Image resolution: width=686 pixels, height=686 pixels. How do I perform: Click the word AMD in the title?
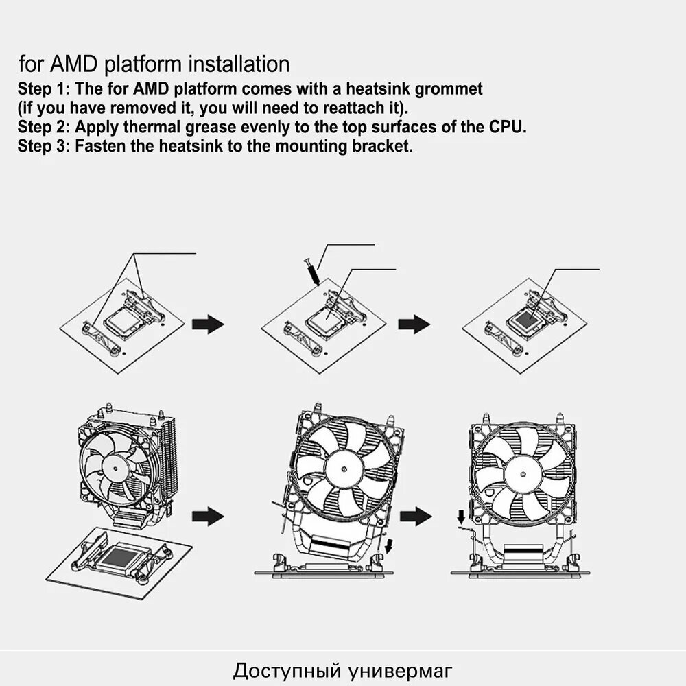[x=73, y=64]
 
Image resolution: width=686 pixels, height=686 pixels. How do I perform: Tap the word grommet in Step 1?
[x=449, y=89]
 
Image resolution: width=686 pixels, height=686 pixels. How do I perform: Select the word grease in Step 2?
[x=210, y=128]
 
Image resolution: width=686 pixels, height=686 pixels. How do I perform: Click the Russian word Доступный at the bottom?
[x=287, y=671]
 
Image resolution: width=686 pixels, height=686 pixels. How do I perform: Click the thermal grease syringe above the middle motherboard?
[x=311, y=272]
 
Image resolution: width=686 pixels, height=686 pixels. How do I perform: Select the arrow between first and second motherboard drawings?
[x=208, y=324]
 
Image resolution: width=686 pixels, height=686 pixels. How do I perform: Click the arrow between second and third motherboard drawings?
[x=414, y=324]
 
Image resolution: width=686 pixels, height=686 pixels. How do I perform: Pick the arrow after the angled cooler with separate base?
[x=208, y=517]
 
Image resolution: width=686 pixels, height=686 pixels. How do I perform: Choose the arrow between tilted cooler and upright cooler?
[x=416, y=517]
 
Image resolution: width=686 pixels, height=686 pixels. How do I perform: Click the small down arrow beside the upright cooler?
[x=461, y=517]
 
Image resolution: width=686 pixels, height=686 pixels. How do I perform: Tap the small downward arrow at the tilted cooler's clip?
[x=389, y=546]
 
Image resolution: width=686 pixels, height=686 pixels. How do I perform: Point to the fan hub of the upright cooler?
[x=523, y=473]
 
